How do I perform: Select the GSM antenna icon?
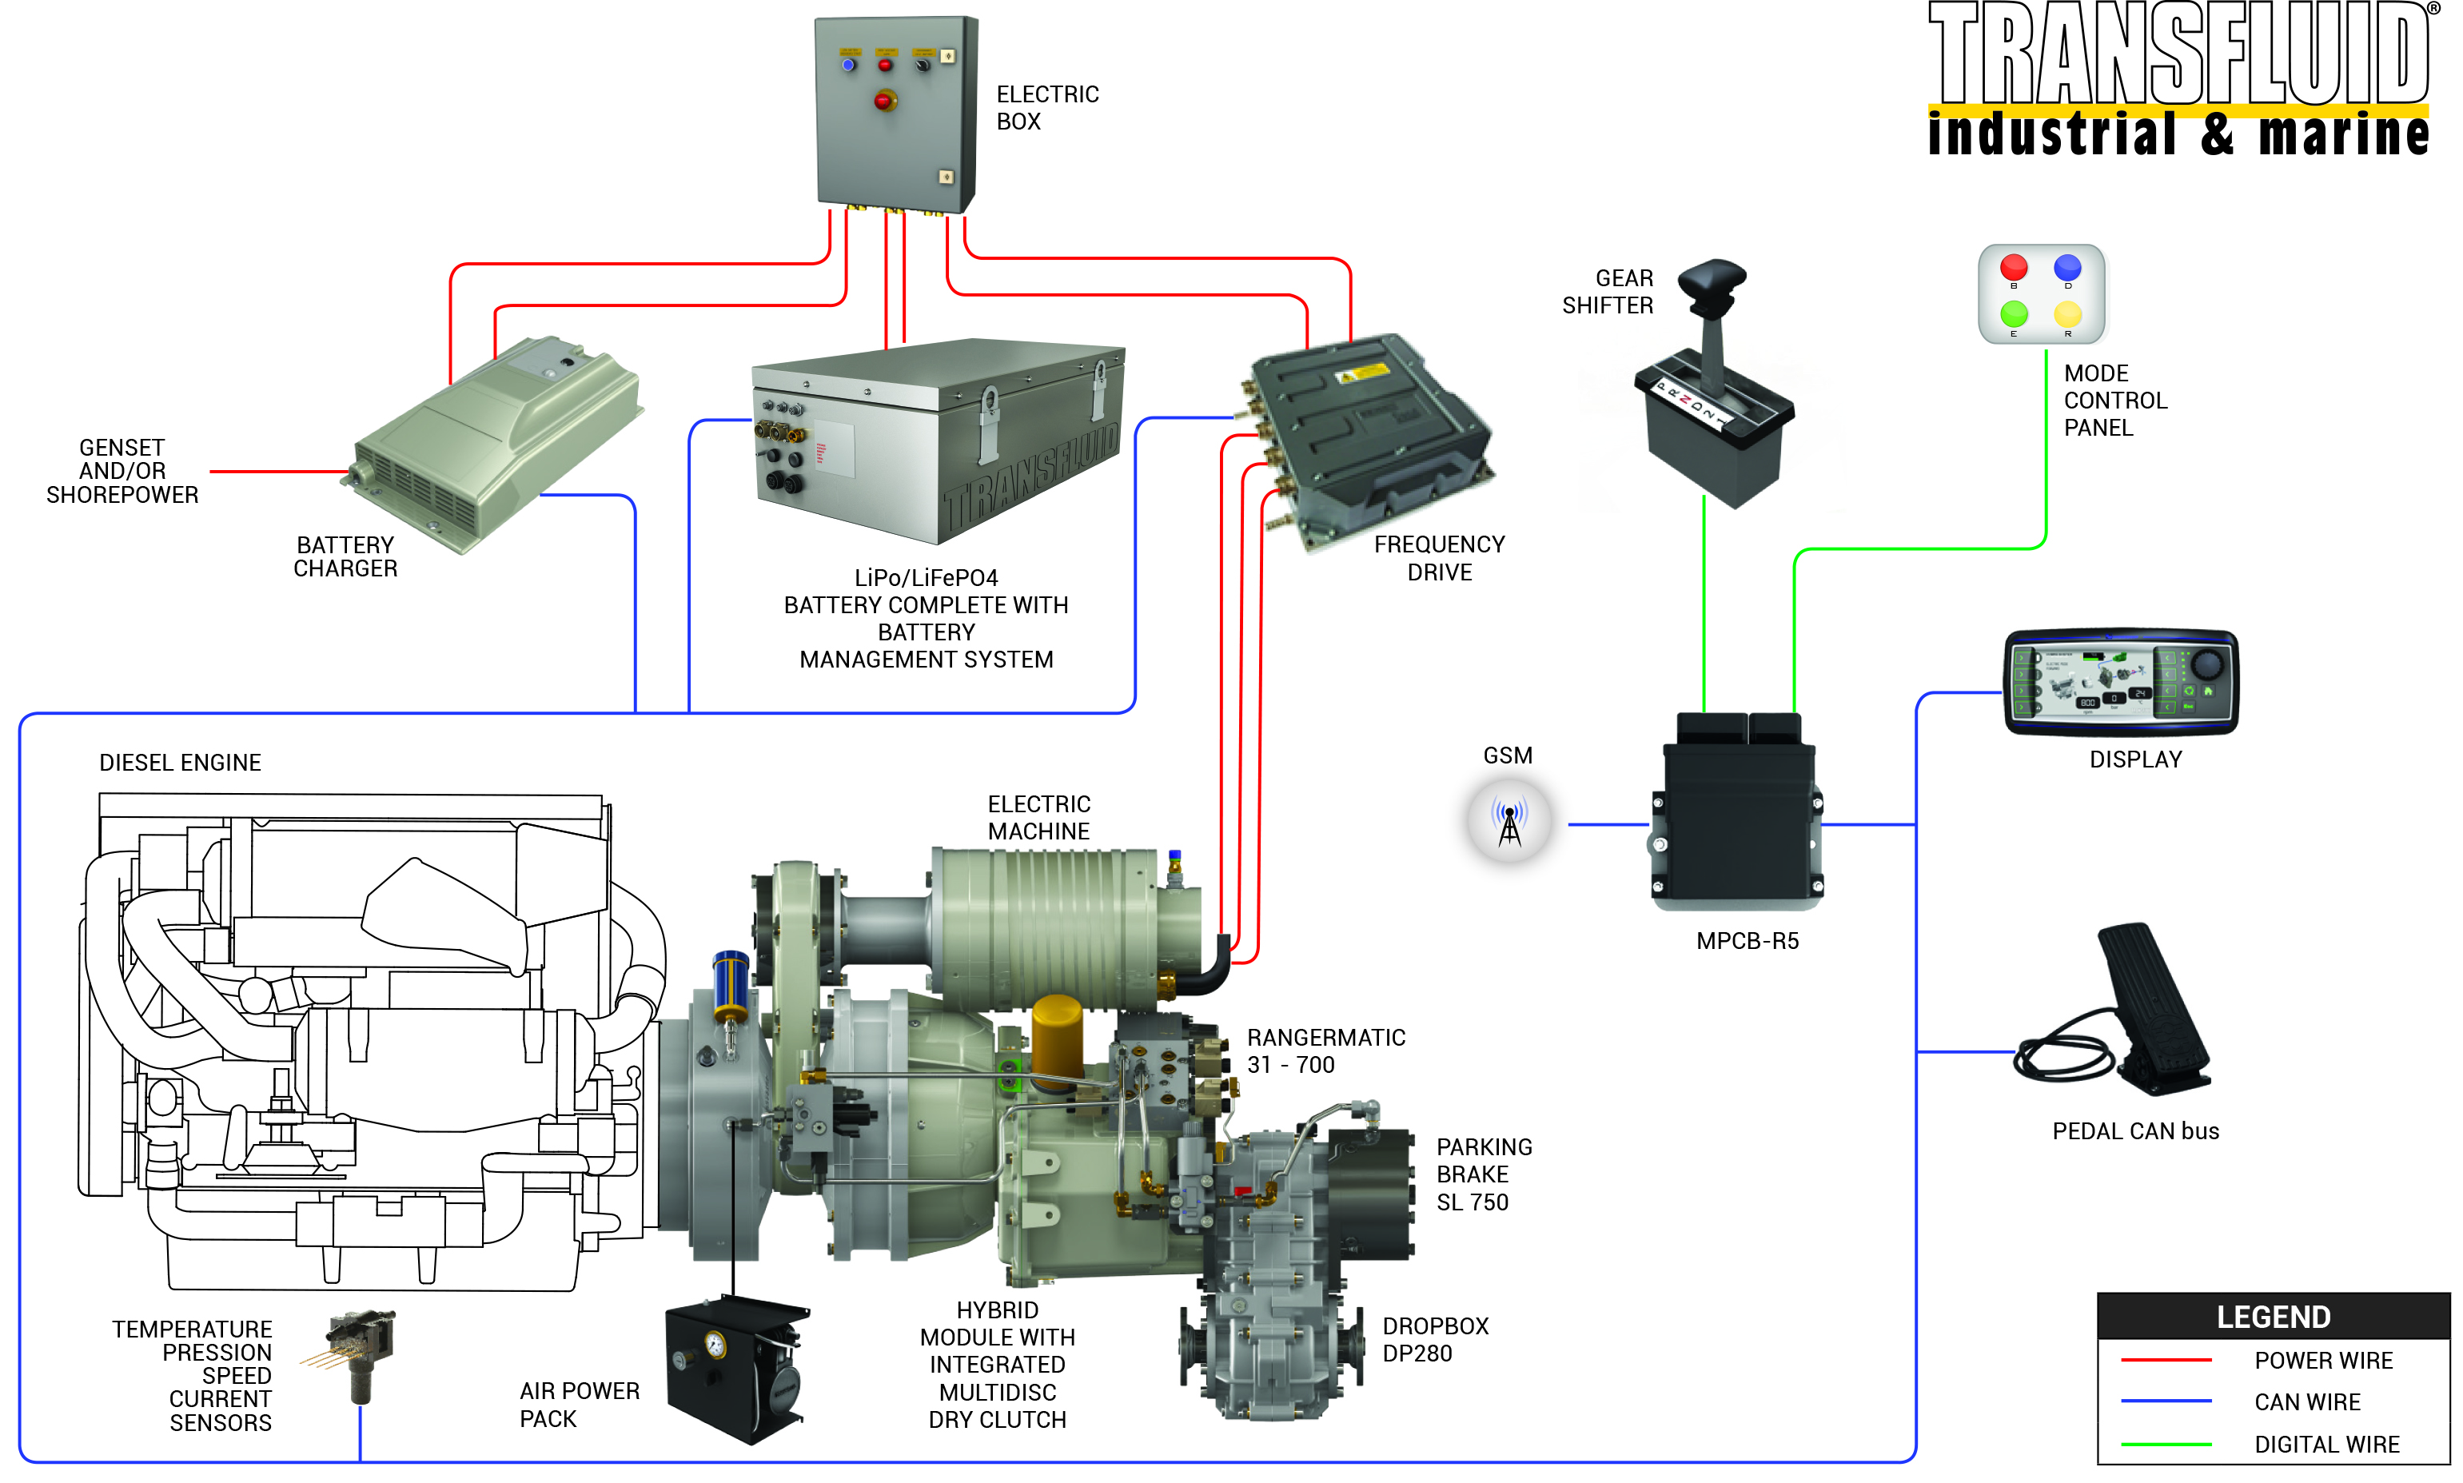1508,823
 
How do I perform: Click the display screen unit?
2120,683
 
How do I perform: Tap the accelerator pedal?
2148,1004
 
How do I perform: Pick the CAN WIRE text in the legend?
2306,1402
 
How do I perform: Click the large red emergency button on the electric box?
883,101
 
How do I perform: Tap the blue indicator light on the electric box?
847,65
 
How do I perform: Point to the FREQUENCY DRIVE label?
1439,558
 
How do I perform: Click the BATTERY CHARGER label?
345,556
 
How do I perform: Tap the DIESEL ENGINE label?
180,763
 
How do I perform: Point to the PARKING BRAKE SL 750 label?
1483,1174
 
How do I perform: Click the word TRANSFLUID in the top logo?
2178,55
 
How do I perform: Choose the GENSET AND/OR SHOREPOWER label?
122,471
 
